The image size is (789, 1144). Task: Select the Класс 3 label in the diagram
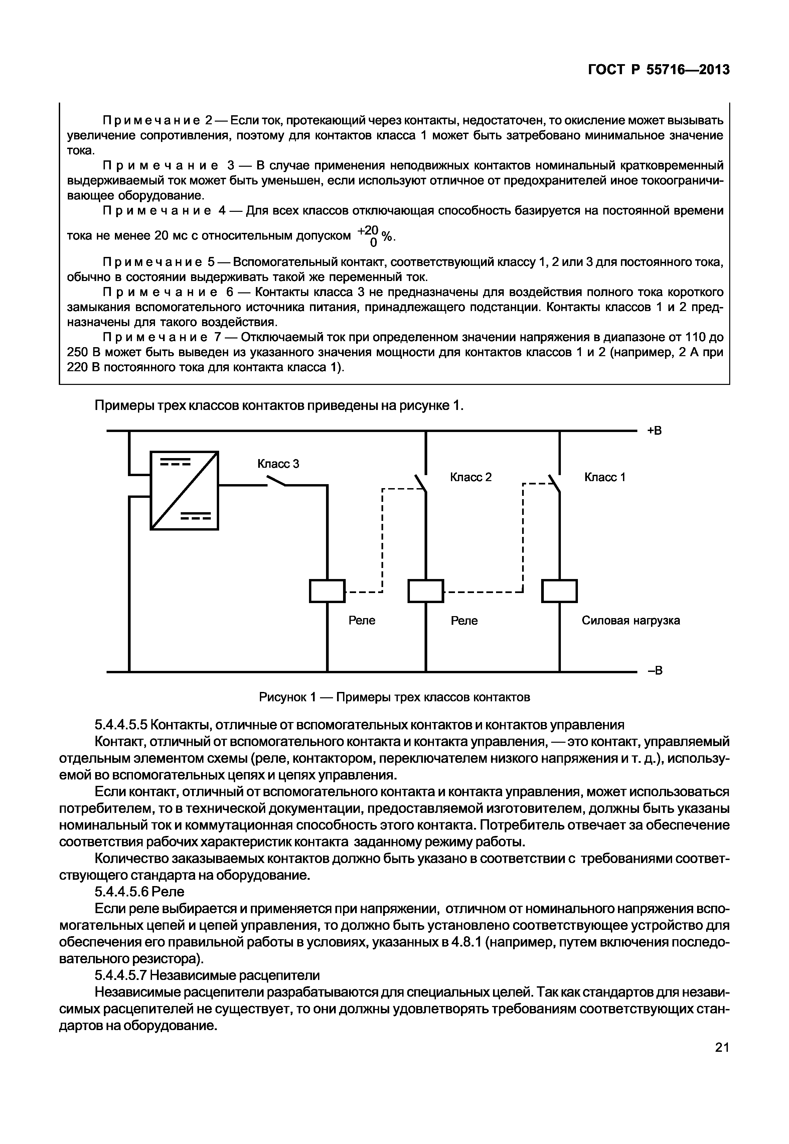[x=278, y=464]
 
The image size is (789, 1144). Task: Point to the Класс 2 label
[x=471, y=477]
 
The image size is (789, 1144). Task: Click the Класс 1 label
[x=605, y=477]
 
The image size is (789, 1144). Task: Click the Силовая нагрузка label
[x=630, y=620]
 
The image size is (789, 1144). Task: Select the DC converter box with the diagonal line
[x=184, y=490]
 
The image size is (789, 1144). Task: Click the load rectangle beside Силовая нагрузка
[x=559, y=591]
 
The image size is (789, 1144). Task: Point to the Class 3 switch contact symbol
[x=276, y=480]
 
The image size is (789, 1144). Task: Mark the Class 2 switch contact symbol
[x=421, y=482]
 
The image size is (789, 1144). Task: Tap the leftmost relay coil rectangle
[x=327, y=591]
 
